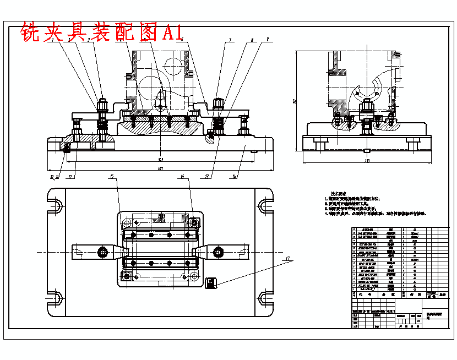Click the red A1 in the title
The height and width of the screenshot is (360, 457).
coord(172,32)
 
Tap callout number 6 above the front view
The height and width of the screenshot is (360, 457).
coord(182,40)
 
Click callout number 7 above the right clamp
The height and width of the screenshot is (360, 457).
coord(230,40)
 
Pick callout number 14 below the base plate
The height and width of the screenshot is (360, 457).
coord(235,177)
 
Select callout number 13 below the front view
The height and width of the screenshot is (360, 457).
coord(207,177)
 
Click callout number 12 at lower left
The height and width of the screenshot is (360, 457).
coord(70,177)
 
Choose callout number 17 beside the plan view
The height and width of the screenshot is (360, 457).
coord(287,258)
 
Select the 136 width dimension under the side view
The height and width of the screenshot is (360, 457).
coord(367,161)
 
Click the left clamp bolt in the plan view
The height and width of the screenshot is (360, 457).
coord(102,252)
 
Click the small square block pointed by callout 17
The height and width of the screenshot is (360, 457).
coord(211,282)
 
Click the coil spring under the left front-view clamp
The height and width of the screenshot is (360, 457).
coord(102,126)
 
